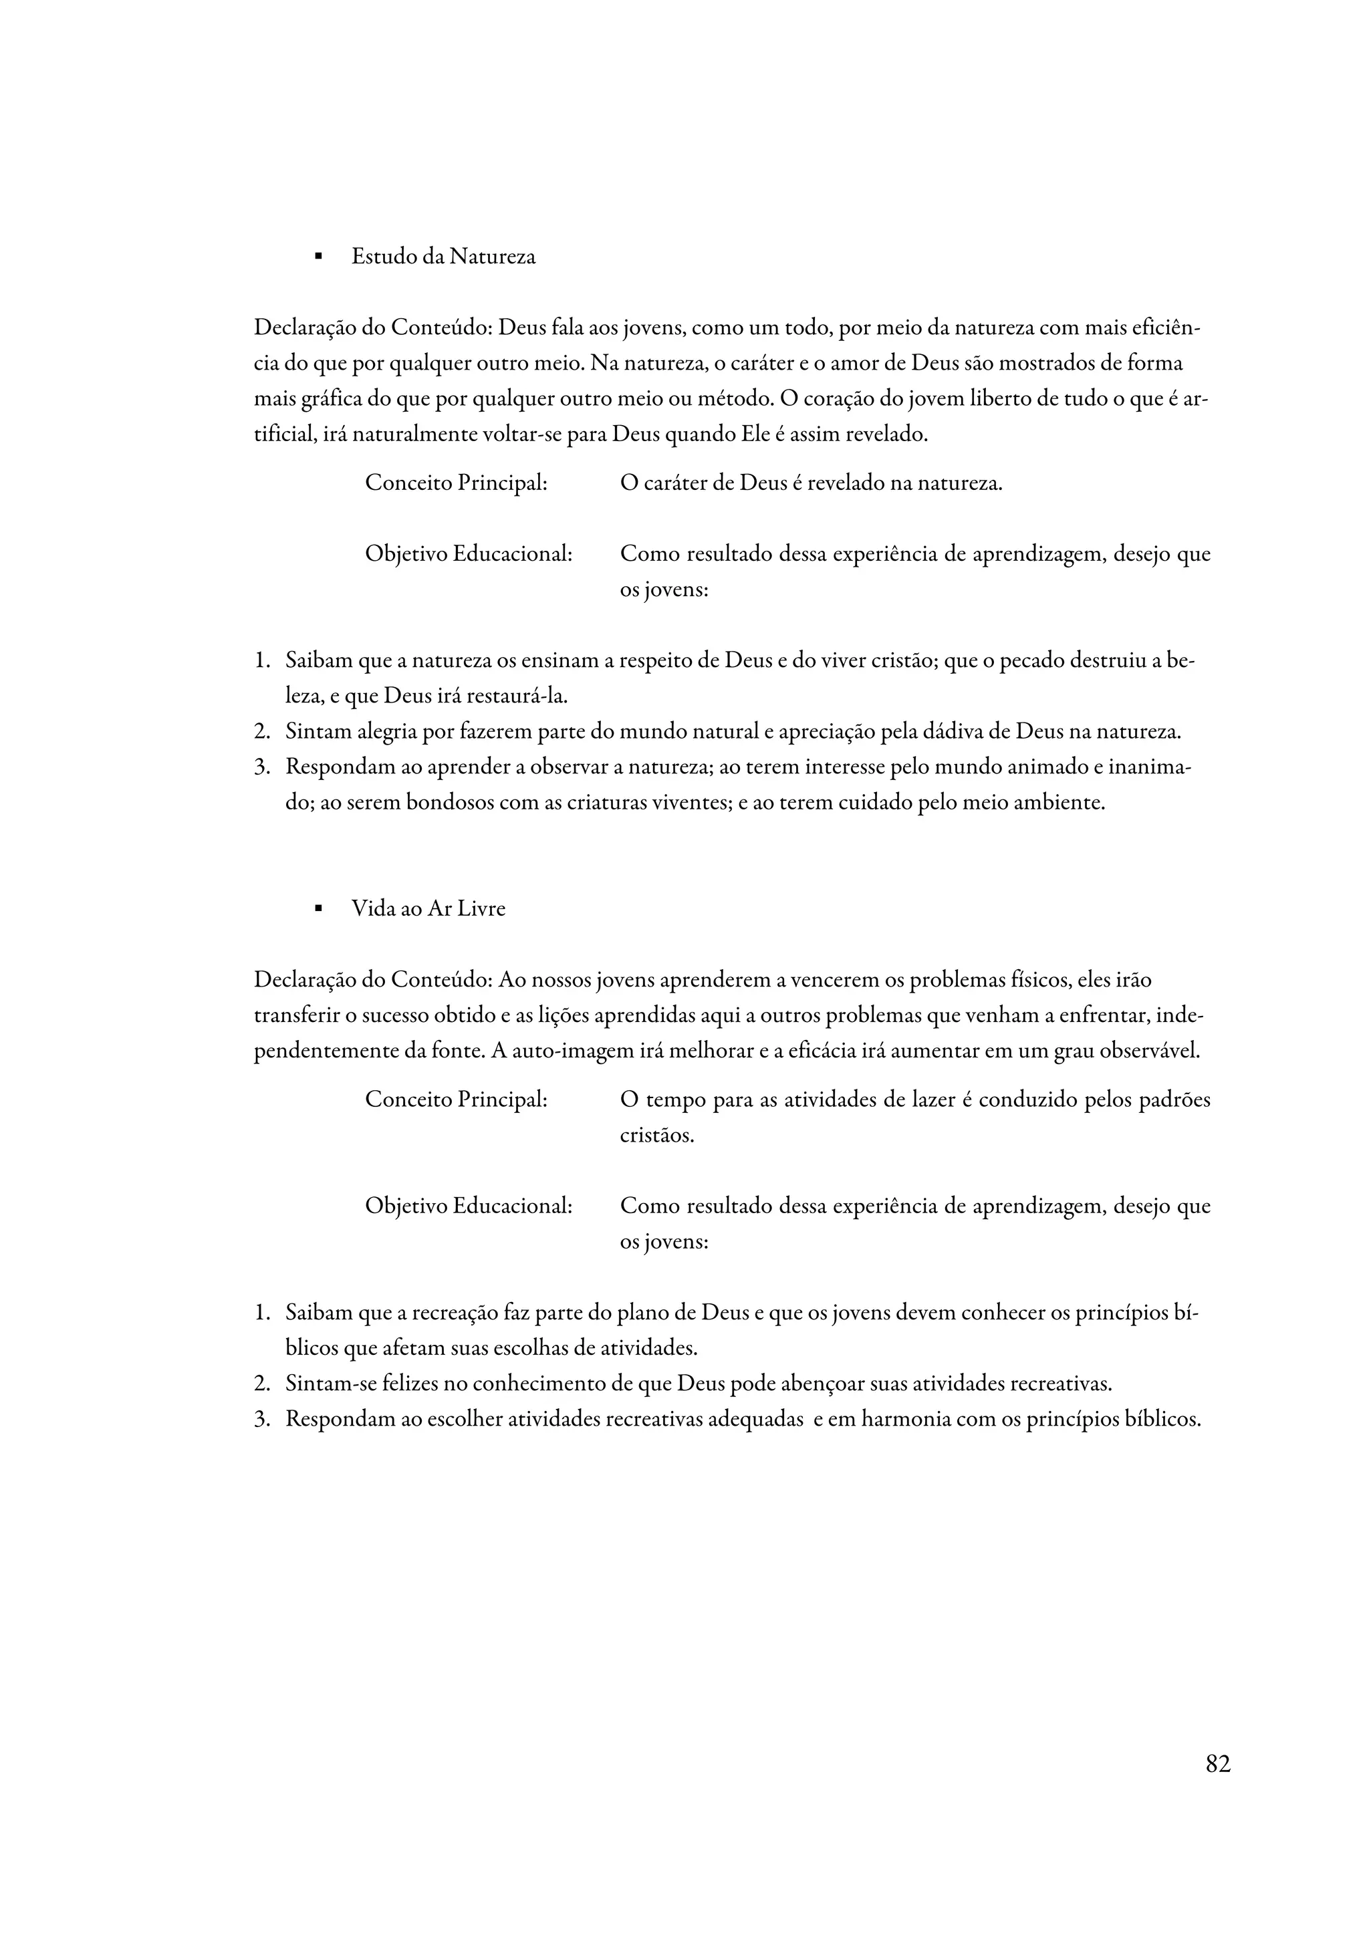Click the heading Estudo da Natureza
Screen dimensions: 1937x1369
point(443,257)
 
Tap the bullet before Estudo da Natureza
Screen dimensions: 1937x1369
point(318,257)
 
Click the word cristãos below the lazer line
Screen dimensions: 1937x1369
point(656,1136)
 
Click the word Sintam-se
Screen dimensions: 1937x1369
point(331,1384)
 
